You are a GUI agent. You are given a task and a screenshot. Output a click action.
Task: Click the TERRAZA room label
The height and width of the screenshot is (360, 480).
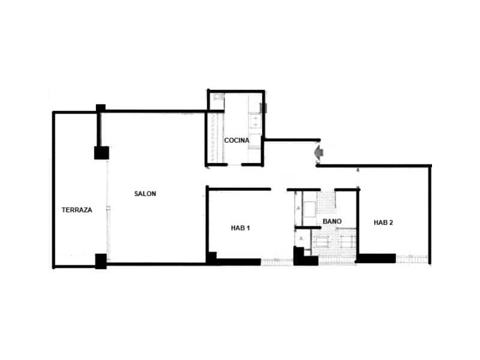(x=77, y=210)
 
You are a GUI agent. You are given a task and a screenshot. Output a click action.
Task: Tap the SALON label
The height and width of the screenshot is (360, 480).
(x=145, y=194)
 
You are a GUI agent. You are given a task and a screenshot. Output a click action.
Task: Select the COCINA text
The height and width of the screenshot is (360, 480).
(x=236, y=140)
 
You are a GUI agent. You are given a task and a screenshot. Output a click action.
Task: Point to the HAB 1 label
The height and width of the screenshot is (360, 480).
(x=240, y=228)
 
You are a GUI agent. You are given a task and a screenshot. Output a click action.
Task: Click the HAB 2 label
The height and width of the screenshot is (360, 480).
(x=383, y=223)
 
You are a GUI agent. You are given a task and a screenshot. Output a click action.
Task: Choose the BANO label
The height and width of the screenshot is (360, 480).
(x=332, y=221)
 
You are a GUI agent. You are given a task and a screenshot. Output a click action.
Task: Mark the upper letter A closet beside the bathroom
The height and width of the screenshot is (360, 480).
(x=298, y=208)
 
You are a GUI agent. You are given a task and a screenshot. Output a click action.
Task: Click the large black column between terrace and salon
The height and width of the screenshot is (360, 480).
(x=101, y=152)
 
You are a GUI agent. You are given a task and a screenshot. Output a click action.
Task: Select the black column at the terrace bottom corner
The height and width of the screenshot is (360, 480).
(x=101, y=261)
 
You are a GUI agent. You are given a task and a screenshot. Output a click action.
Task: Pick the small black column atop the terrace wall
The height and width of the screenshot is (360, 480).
(x=101, y=109)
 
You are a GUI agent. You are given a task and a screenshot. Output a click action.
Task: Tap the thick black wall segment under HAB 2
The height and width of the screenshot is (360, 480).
(x=376, y=259)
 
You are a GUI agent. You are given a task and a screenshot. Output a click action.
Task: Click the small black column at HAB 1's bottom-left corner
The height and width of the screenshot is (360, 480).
(x=211, y=257)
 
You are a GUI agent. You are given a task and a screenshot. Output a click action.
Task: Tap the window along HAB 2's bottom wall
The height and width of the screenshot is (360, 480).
(x=412, y=259)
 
